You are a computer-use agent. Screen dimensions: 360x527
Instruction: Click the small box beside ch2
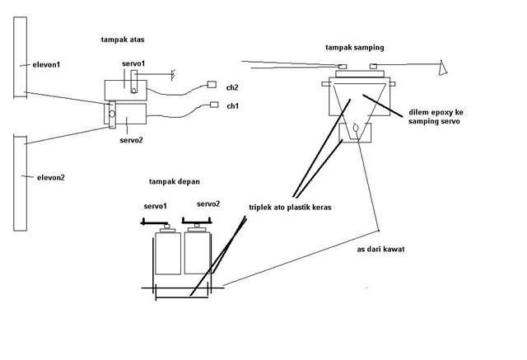coord(210,85)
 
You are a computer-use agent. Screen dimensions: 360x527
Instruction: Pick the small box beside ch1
coord(214,105)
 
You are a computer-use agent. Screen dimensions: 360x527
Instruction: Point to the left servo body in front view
coord(168,257)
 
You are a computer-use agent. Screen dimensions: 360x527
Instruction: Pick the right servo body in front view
coord(198,257)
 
